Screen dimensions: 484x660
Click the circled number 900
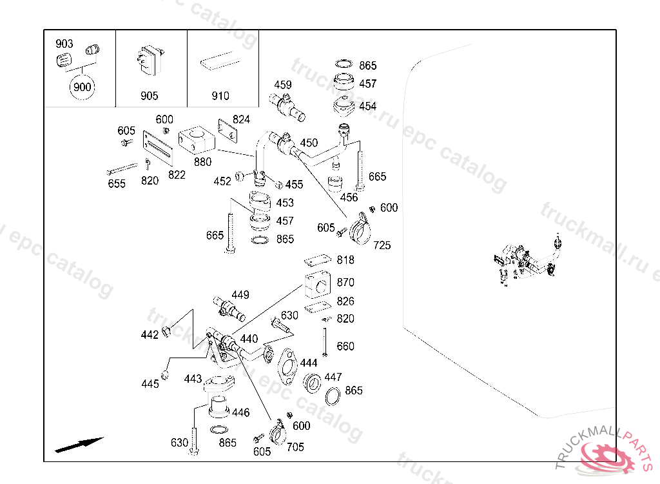point(82,87)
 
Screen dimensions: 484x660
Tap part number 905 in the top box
point(149,96)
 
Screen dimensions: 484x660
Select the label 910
point(220,96)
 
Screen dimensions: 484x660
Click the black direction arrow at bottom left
point(79,445)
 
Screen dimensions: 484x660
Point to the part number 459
point(283,85)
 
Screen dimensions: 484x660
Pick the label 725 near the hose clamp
point(382,245)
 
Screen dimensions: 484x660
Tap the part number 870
point(345,283)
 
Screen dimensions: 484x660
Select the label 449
point(240,295)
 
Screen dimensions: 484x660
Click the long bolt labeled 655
point(122,170)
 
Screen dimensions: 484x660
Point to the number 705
point(295,447)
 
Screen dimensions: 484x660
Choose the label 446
point(240,412)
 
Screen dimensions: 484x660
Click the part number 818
point(345,260)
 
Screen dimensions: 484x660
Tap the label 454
point(368,106)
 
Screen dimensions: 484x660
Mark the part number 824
point(241,119)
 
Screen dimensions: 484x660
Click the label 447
point(333,377)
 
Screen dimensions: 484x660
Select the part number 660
point(345,347)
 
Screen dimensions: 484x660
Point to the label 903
point(64,44)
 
